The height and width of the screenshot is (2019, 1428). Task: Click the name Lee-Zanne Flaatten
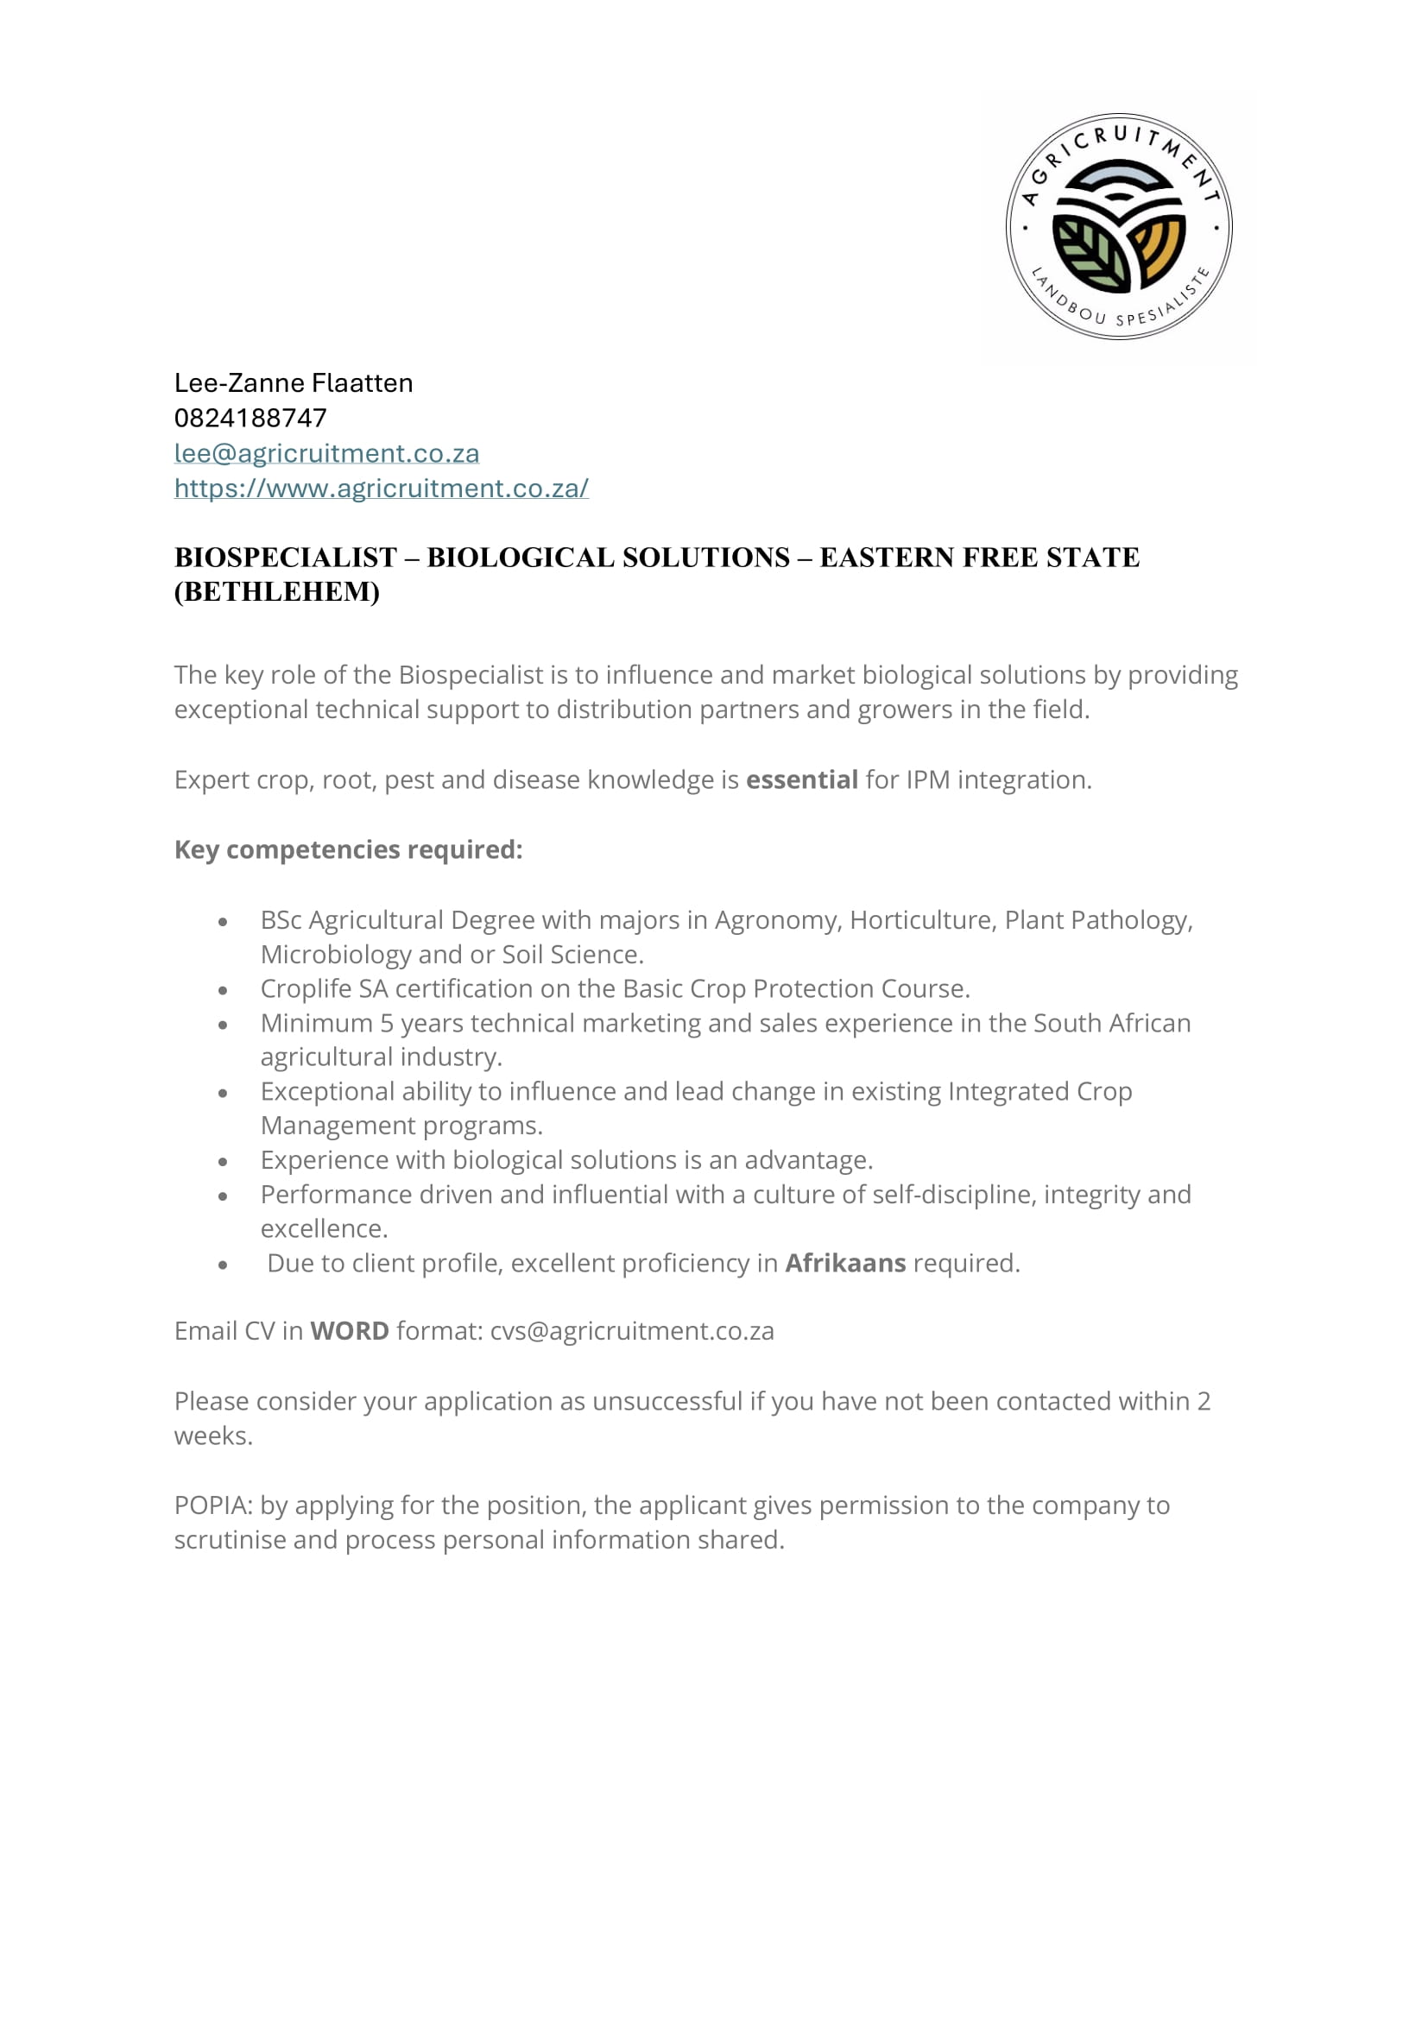(294, 383)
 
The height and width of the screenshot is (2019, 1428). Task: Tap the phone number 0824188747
(250, 419)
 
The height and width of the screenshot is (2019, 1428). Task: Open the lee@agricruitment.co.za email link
(327, 454)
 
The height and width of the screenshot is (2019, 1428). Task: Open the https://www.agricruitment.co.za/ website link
(382, 489)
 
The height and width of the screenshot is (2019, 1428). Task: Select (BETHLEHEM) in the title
(277, 592)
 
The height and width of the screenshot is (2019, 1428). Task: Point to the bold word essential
(802, 780)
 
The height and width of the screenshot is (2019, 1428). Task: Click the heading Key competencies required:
(348, 849)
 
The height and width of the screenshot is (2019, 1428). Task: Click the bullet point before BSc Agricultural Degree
(224, 922)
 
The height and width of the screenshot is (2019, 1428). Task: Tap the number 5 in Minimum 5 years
(387, 1024)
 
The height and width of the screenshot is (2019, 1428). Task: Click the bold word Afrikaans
(845, 1264)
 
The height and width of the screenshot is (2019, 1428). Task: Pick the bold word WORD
(350, 1331)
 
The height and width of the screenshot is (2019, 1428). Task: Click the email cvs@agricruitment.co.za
(632, 1331)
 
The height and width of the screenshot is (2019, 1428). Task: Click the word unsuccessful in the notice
(667, 1401)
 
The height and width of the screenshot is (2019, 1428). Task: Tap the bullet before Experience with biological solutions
(224, 1162)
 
